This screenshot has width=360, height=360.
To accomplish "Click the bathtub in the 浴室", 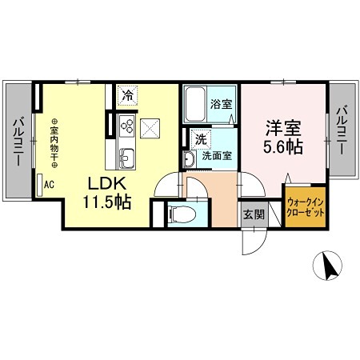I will click(x=196, y=105).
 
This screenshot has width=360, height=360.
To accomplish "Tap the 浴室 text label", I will click(x=221, y=104).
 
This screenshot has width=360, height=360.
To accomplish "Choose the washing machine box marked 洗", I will click(x=202, y=138).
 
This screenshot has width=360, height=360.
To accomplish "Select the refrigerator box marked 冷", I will click(x=128, y=95).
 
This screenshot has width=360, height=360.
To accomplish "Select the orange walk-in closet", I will click(x=306, y=208).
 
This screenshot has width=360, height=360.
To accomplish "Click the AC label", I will click(x=48, y=184).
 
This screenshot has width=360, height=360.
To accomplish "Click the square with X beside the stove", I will click(x=150, y=128).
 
